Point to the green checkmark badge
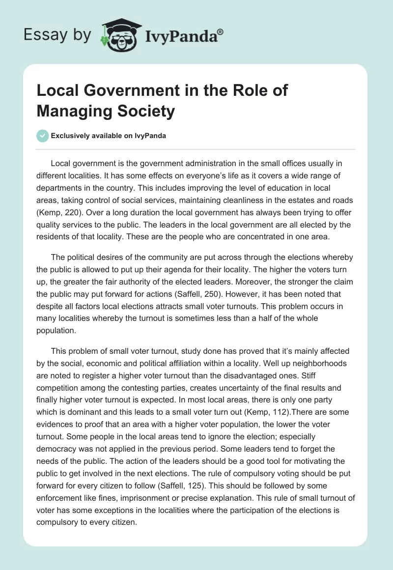(x=42, y=136)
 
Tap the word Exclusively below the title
(x=72, y=136)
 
